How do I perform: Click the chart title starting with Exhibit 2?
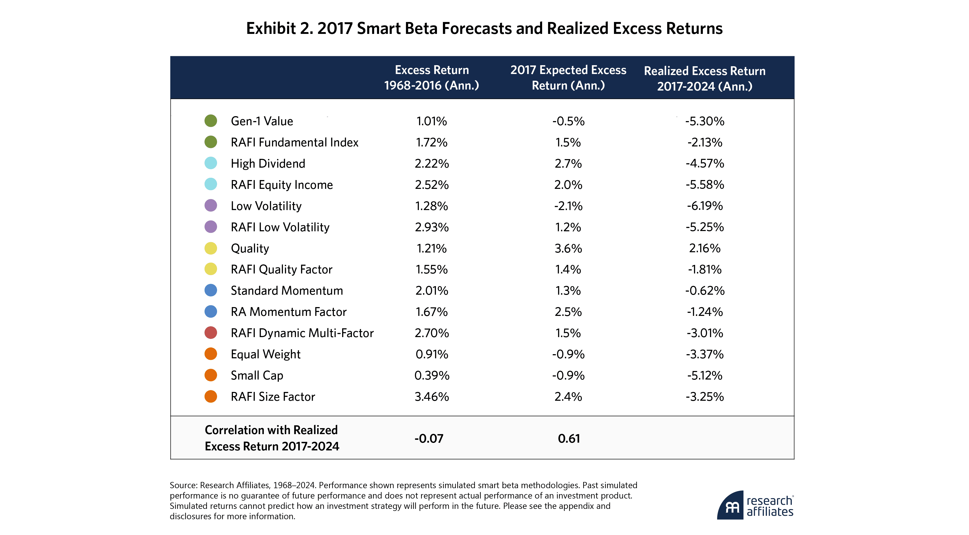[x=484, y=29]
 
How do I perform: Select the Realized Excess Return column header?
[x=705, y=78]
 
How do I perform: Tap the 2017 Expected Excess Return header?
[x=568, y=78]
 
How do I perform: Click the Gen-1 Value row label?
[x=262, y=121]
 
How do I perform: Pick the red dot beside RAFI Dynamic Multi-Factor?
[x=211, y=333]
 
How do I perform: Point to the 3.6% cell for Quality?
[x=568, y=249]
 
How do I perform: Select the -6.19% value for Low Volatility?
[x=705, y=206]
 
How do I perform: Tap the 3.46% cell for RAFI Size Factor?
[x=432, y=396]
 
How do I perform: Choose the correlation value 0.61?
[x=568, y=438]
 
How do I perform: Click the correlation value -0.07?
[x=429, y=438]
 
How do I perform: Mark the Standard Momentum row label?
[x=287, y=291]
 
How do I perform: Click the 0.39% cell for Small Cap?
[x=432, y=375]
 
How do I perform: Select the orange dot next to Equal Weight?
[x=211, y=354]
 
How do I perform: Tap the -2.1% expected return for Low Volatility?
[x=568, y=206]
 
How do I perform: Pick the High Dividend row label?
[x=268, y=164]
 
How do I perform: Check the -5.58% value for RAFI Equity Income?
[x=705, y=184]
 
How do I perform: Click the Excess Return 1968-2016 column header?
[x=432, y=78]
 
